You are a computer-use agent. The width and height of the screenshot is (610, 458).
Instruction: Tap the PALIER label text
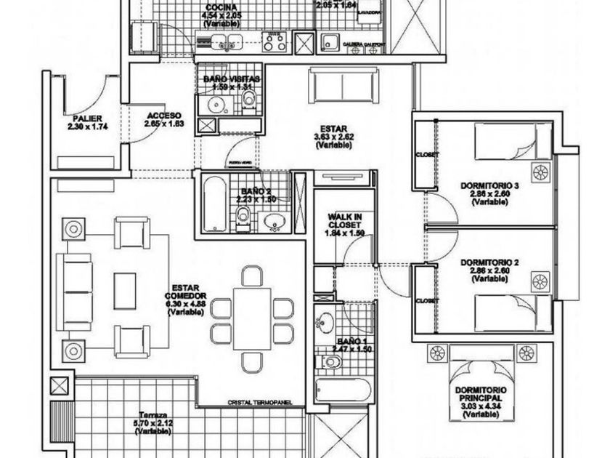coord(86,118)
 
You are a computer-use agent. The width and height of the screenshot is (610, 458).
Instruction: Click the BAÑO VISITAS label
coord(232,79)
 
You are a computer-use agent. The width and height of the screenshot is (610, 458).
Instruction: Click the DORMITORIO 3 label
coord(490,185)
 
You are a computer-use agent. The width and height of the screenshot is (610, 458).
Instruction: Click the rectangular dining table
coord(252,317)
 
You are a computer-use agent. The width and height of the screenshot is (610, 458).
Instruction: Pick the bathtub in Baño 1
coord(343,390)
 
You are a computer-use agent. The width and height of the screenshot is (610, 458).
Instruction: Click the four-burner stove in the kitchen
coord(274,41)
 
